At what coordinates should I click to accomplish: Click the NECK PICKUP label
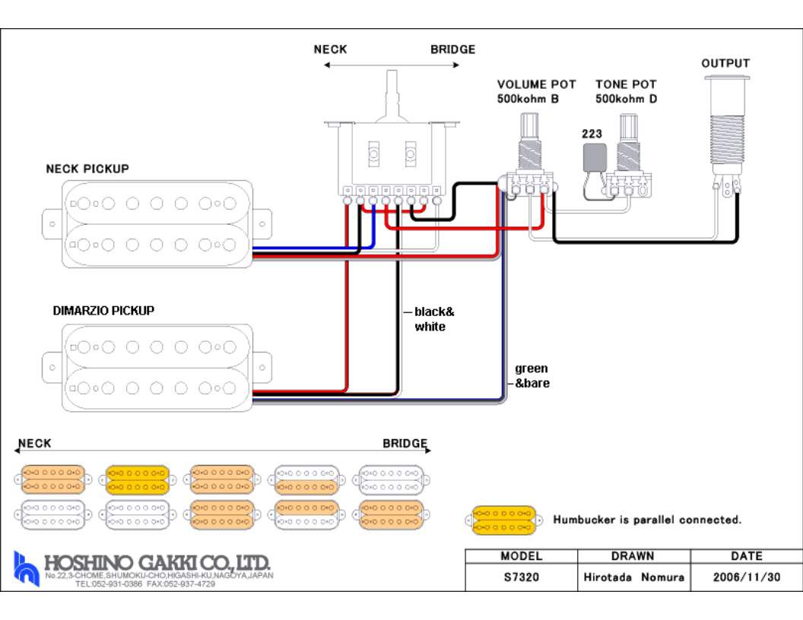(x=87, y=169)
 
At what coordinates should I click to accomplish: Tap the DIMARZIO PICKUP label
(x=103, y=311)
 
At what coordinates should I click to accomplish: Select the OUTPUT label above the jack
(x=725, y=64)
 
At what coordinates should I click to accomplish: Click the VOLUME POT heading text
(x=536, y=84)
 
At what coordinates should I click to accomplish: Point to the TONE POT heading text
(x=625, y=84)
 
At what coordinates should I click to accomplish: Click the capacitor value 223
(x=592, y=134)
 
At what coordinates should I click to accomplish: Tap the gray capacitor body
(x=593, y=157)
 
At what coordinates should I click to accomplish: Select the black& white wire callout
(x=433, y=319)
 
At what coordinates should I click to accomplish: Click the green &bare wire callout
(x=532, y=376)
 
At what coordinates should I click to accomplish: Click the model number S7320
(x=521, y=577)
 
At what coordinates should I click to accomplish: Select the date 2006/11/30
(x=746, y=577)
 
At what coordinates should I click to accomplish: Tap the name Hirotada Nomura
(x=633, y=577)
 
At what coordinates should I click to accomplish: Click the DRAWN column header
(x=633, y=556)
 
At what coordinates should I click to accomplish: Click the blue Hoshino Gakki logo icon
(x=26, y=568)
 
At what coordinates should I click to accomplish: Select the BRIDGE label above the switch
(x=452, y=49)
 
